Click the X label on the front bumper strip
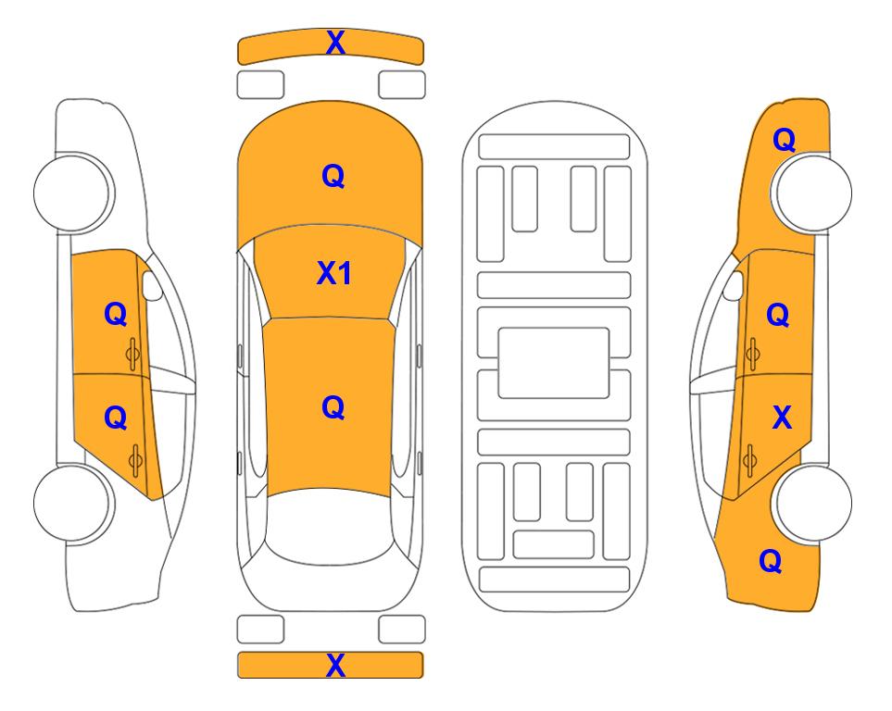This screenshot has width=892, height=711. pos(335,43)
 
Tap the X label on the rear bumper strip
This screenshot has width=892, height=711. pos(335,665)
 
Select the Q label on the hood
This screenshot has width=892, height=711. pos(333,176)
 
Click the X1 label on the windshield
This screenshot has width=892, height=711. pos(334,273)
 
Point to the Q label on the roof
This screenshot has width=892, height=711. pos(333,408)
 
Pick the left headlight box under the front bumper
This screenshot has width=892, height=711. pos(260,85)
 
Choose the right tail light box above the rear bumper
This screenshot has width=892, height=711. pos(402,630)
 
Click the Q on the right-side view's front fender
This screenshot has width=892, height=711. pos(784,140)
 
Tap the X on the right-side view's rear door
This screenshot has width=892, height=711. pos(782,418)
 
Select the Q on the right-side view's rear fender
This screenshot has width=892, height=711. pos(771,561)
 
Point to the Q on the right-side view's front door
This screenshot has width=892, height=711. pos(778,315)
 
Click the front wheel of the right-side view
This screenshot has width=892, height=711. pos(811,193)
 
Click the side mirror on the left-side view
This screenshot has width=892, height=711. pos(152,286)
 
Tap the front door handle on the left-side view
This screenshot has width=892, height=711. pos(133,354)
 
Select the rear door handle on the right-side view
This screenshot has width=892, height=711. pos(749,460)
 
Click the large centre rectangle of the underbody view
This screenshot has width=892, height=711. pos(554,363)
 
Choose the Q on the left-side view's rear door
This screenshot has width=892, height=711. pos(116,418)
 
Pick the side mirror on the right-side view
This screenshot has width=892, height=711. pos(734,286)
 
